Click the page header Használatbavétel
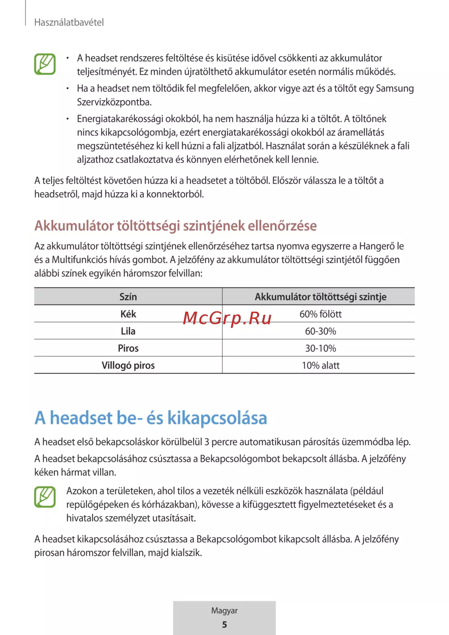coord(69,22)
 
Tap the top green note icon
coord(45,64)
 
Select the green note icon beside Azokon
coord(45,497)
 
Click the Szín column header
coord(128,297)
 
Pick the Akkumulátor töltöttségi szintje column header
coord(321,297)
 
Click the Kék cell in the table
coord(128,314)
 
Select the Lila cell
coord(128,331)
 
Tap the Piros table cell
coord(128,348)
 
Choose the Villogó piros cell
coord(128,365)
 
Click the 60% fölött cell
coord(321,314)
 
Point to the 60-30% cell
coord(321,331)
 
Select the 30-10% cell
coord(321,348)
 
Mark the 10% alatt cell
coord(321,365)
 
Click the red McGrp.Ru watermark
coord(227,318)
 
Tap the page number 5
coord(224,625)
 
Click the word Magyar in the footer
coord(224,611)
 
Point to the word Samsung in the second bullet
coord(395,88)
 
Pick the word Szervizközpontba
coord(114,102)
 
